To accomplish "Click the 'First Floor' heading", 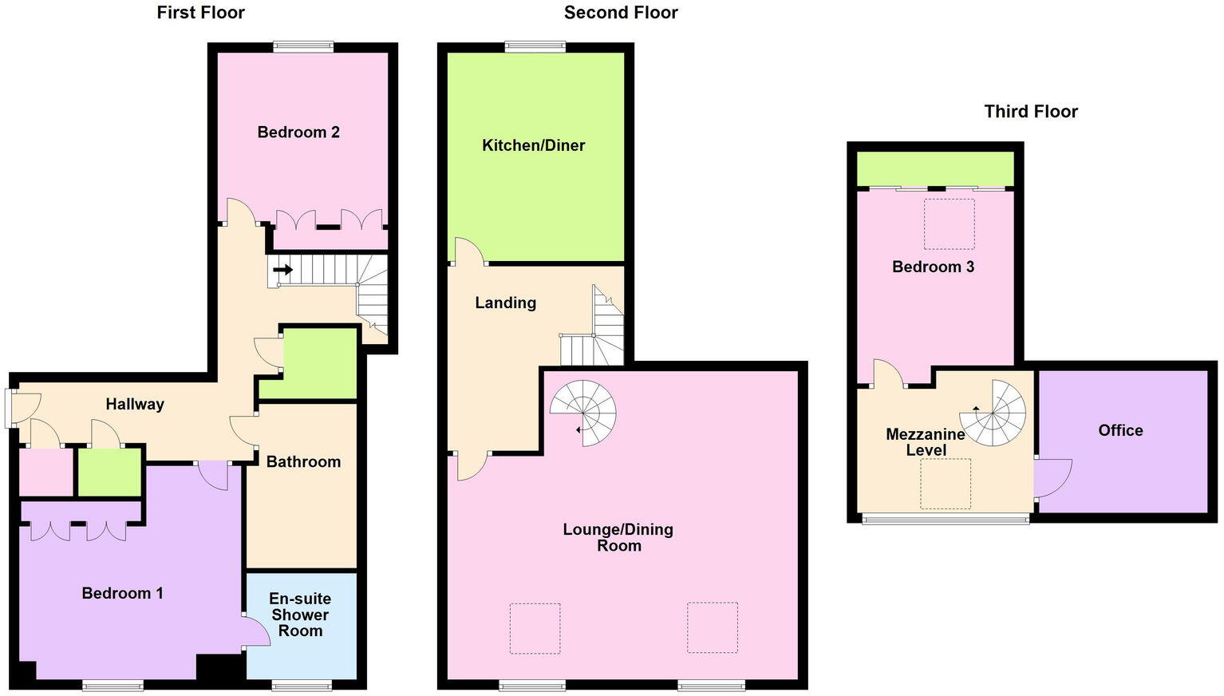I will (200, 13).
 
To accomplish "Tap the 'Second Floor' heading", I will (620, 13).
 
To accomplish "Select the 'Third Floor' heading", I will (1030, 112).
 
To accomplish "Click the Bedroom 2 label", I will (298, 132).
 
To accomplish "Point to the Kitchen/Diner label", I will (533, 145).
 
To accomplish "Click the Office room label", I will (1120, 430).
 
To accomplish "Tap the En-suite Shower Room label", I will (300, 615).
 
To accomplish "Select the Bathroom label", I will (303, 461).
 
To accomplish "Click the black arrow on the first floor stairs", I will (282, 270).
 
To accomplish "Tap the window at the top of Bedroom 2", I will (303, 47).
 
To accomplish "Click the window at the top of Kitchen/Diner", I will (535, 47).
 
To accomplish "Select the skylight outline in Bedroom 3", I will (949, 224).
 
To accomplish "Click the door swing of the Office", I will (1052, 478).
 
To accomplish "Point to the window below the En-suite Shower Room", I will (301, 685).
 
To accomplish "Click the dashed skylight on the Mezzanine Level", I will (946, 484).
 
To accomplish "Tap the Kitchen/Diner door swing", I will (468, 251).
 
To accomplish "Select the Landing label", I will (505, 303).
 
